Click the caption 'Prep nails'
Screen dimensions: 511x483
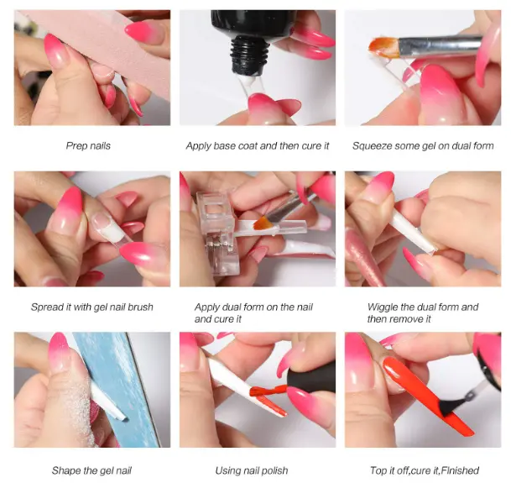click(x=88, y=145)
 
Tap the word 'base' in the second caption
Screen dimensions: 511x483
click(x=225, y=145)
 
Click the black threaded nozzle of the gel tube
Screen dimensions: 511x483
click(x=250, y=54)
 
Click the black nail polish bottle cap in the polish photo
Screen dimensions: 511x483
click(x=311, y=378)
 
